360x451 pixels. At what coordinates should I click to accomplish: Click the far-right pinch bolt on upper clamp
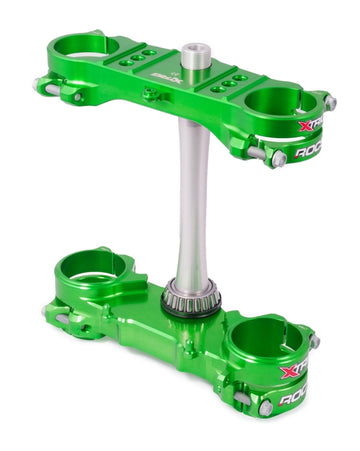(329, 103)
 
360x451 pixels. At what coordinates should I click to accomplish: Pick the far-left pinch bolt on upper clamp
(41, 85)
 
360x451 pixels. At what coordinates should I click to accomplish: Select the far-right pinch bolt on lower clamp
(315, 342)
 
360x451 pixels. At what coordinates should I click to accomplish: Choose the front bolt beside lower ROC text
(265, 407)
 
